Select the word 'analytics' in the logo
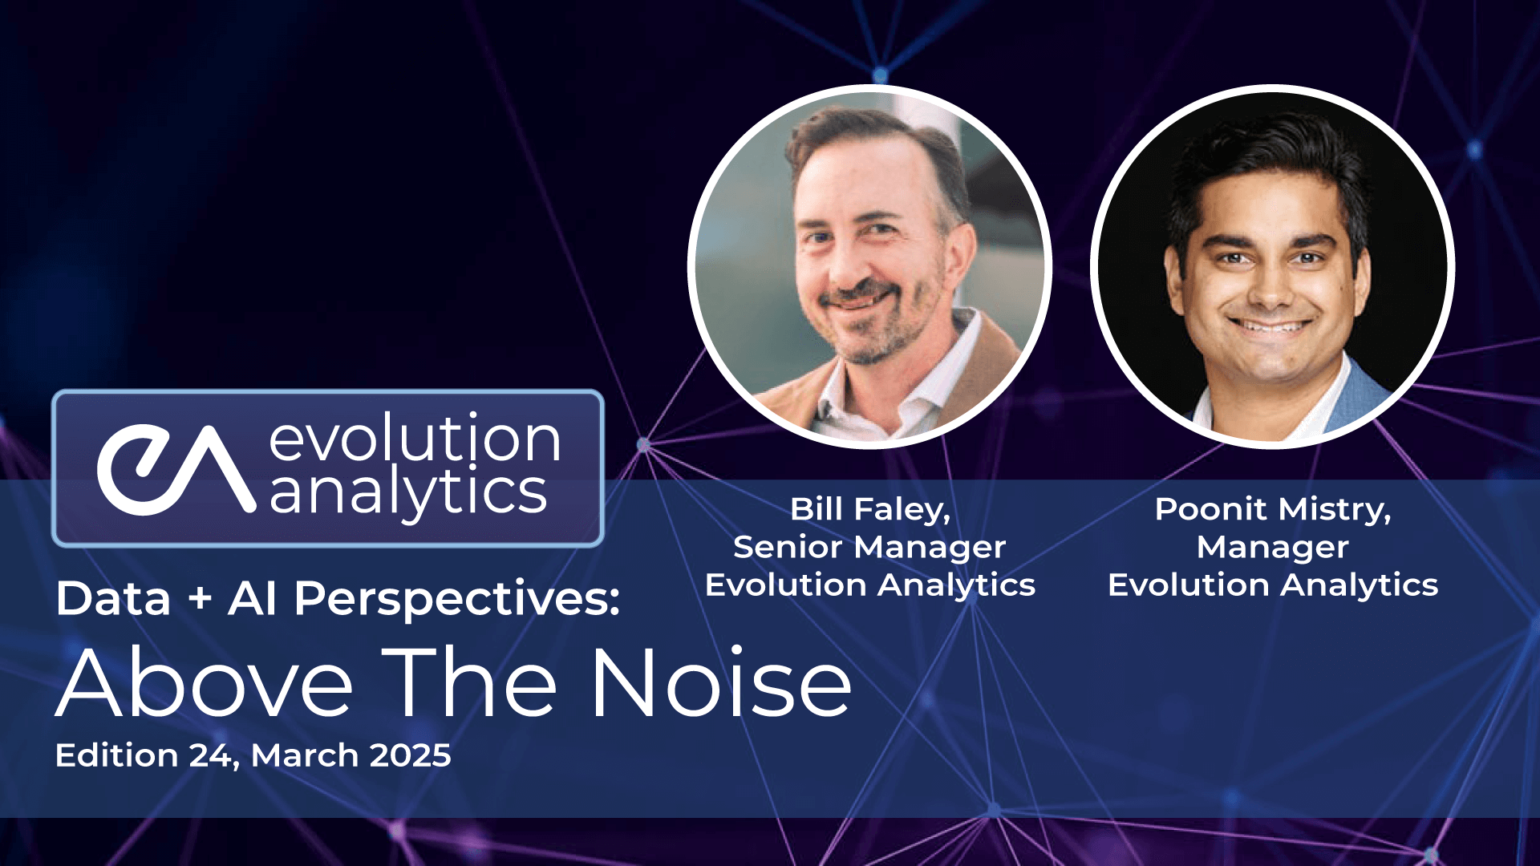(408, 491)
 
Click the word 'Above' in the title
(205, 683)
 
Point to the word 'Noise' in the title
(721, 683)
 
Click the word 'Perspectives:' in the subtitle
(457, 599)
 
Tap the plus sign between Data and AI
(200, 600)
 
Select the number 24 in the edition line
(213, 756)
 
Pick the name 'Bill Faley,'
(870, 509)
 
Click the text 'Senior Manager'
(869, 548)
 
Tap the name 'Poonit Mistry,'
(1273, 509)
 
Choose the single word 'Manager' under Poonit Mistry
(1273, 548)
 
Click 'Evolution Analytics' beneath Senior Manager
(870, 585)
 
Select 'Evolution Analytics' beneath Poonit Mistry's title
(1273, 585)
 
